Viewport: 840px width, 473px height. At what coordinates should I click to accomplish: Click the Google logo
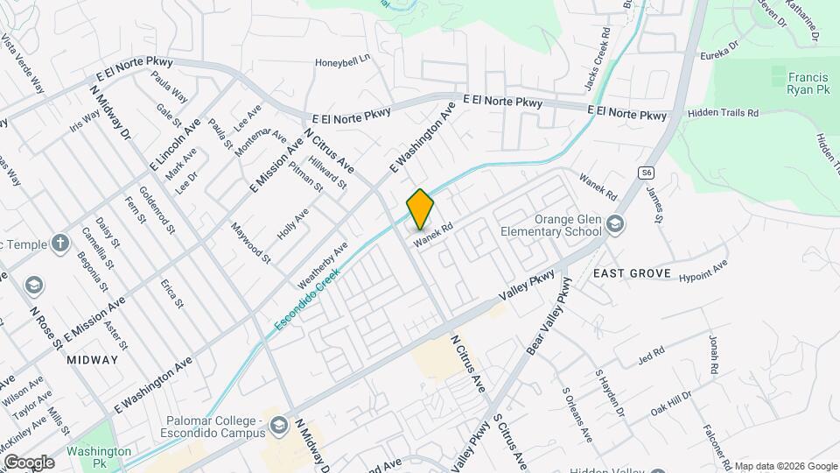(x=28, y=462)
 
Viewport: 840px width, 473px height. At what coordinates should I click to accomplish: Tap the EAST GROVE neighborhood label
(x=632, y=273)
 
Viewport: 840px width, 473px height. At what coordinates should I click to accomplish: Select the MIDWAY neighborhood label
(x=91, y=360)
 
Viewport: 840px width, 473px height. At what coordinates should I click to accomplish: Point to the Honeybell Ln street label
(x=344, y=60)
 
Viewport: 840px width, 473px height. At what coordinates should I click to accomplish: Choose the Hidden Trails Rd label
(x=723, y=113)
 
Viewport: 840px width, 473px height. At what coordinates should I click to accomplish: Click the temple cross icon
(x=59, y=242)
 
